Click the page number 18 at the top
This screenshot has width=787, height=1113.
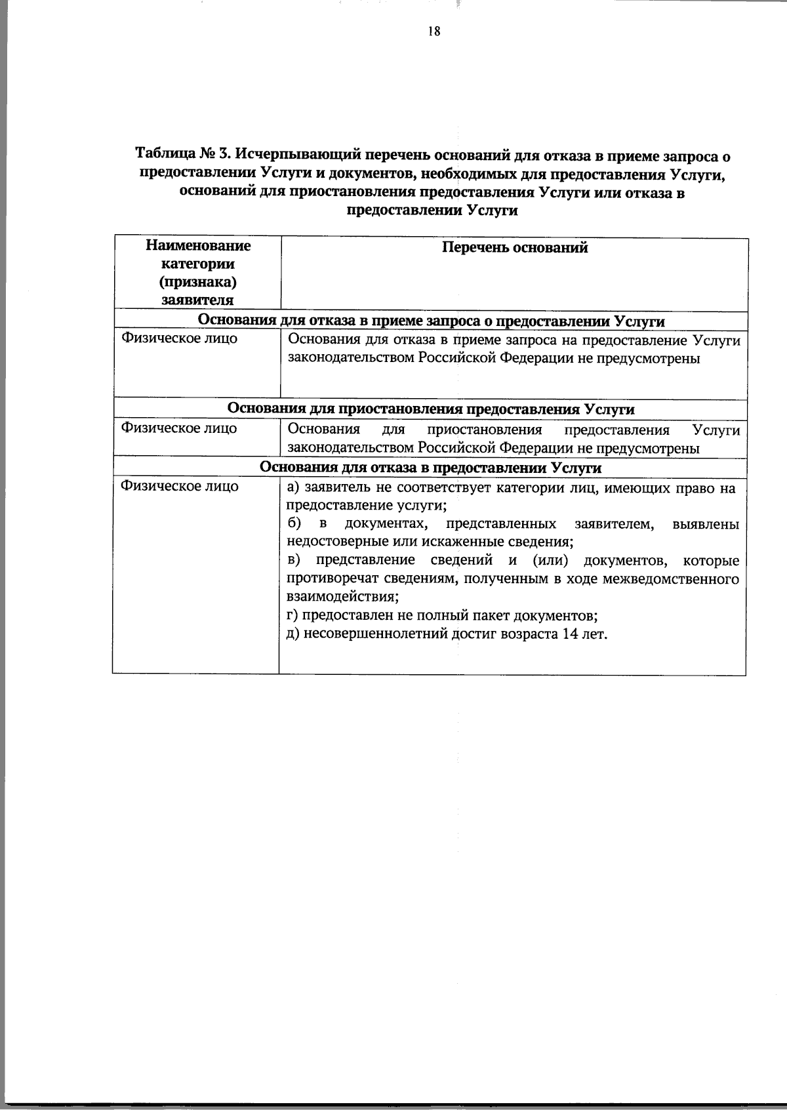pyautogui.click(x=434, y=31)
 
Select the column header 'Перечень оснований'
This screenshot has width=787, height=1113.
pyautogui.click(x=514, y=247)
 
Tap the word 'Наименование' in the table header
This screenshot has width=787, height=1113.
pyautogui.click(x=198, y=246)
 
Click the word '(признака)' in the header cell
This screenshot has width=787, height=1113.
pyautogui.click(x=197, y=283)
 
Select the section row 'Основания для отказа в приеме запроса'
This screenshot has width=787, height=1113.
pyautogui.click(x=431, y=321)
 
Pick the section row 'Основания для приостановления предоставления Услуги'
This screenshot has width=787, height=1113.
pyautogui.click(x=431, y=409)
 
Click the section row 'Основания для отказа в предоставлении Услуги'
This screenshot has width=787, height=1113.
pyautogui.click(x=431, y=468)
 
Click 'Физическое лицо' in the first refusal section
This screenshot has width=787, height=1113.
pyautogui.click(x=179, y=339)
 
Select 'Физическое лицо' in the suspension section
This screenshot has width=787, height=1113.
pyautogui.click(x=179, y=428)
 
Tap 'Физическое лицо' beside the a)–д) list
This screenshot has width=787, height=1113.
pyautogui.click(x=179, y=487)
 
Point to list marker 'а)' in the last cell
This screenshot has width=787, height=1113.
pyautogui.click(x=293, y=488)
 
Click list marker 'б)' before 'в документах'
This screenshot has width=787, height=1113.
pyautogui.click(x=294, y=523)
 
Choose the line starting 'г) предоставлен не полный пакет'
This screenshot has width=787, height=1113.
pyautogui.click(x=443, y=616)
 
